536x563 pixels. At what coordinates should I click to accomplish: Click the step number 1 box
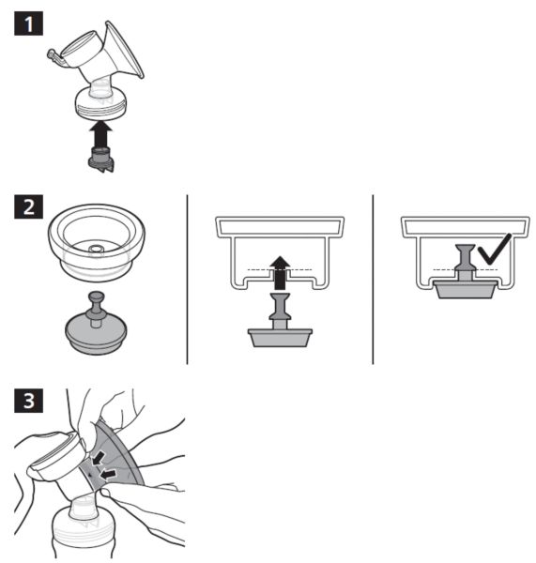tap(29, 23)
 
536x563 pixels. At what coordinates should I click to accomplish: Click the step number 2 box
tap(29, 206)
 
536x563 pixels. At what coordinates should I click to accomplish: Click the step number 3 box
tap(29, 401)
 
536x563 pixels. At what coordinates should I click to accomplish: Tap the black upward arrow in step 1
tap(101, 133)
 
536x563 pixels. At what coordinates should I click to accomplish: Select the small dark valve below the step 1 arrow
tap(101, 160)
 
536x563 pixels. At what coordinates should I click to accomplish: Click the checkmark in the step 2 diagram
tap(495, 250)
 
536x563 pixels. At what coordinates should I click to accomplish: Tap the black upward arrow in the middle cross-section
tap(280, 273)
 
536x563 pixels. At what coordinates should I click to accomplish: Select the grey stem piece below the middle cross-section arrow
tap(280, 320)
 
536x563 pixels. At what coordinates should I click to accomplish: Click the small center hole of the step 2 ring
tap(95, 249)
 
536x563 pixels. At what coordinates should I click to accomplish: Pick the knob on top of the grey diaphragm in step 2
tap(97, 304)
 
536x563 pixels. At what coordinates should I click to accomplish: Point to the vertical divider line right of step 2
tap(187, 280)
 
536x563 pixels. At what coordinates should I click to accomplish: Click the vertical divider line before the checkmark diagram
tap(373, 280)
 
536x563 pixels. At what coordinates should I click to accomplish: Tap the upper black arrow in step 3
tap(98, 459)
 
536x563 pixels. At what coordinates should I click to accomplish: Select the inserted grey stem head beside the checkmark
tap(466, 258)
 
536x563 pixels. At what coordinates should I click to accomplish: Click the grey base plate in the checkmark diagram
tap(466, 289)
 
